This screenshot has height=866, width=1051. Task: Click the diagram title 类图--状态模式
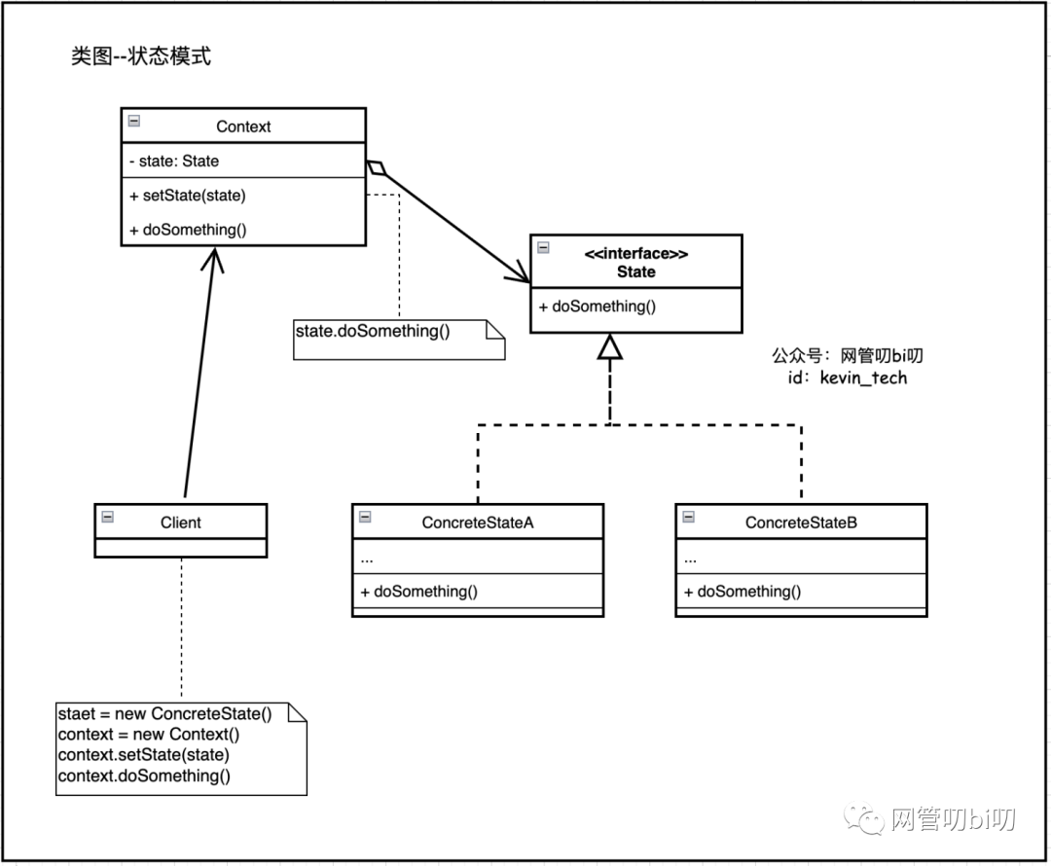tap(141, 56)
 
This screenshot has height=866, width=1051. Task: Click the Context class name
tap(243, 126)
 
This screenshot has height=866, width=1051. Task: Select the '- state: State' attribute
tap(174, 162)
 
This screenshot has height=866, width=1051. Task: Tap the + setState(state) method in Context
tap(188, 196)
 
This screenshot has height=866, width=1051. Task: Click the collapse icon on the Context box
tap(134, 121)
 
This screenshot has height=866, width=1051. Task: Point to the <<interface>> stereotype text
tap(636, 254)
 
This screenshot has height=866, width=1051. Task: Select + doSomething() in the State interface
tap(598, 307)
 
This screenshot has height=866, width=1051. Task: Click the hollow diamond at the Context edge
tap(376, 168)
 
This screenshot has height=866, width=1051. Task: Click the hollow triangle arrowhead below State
tap(609, 346)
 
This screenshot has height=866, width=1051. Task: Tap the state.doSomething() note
tap(373, 332)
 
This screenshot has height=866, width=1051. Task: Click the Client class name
tap(181, 523)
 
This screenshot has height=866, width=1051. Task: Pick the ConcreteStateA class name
tap(478, 523)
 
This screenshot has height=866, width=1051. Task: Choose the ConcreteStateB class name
tap(801, 523)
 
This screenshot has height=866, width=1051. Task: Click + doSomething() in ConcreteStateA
tap(419, 592)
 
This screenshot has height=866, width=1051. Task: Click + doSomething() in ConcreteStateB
tap(743, 592)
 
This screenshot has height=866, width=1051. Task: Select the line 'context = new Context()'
tap(149, 735)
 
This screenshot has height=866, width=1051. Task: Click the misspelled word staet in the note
tap(77, 714)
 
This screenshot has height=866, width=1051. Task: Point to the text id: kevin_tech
tap(847, 378)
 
